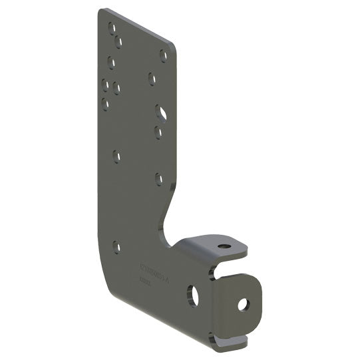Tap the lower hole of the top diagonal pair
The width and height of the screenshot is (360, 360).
coord(118,43)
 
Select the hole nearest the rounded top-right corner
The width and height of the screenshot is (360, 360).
coord(163,55)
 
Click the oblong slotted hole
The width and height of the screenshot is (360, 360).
coord(161,112)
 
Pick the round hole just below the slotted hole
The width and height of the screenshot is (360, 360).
coord(158,132)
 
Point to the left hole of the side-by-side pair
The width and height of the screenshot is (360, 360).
coord(106,85)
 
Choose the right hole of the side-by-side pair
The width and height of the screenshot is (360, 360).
coord(116,88)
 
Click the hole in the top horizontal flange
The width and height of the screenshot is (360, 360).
coord(225,246)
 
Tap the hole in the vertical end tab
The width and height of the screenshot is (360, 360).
coord(242,304)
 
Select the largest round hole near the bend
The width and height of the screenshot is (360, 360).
coord(193,295)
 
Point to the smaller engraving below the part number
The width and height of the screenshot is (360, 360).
coord(144,281)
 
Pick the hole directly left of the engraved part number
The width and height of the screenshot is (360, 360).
coord(117,247)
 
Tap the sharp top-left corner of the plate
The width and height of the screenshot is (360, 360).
coord(100,10)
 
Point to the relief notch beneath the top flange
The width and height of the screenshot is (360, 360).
coord(220,270)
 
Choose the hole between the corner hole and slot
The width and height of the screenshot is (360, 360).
coord(152,79)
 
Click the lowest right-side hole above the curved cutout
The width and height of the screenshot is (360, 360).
coord(159,178)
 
